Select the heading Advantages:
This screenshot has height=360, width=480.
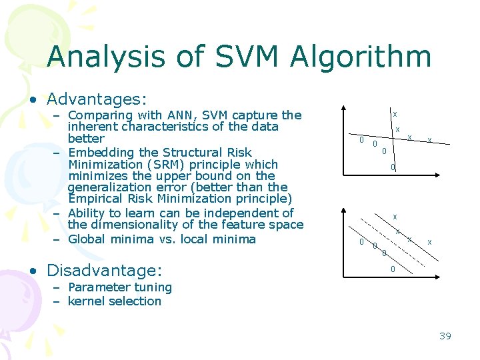click(x=96, y=99)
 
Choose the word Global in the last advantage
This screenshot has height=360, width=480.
click(x=86, y=239)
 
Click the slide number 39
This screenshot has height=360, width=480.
click(x=445, y=335)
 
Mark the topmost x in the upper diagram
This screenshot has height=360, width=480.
click(x=395, y=114)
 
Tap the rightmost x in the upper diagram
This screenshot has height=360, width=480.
click(x=429, y=140)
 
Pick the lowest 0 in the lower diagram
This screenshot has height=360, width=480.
click(x=393, y=269)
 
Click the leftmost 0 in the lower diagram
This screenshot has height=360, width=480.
click(x=361, y=242)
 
